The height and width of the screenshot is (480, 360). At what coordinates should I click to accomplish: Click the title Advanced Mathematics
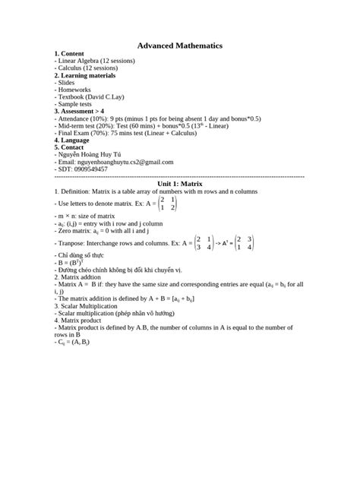(x=179, y=46)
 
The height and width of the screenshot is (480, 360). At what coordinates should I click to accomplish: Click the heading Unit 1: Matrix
(x=179, y=184)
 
